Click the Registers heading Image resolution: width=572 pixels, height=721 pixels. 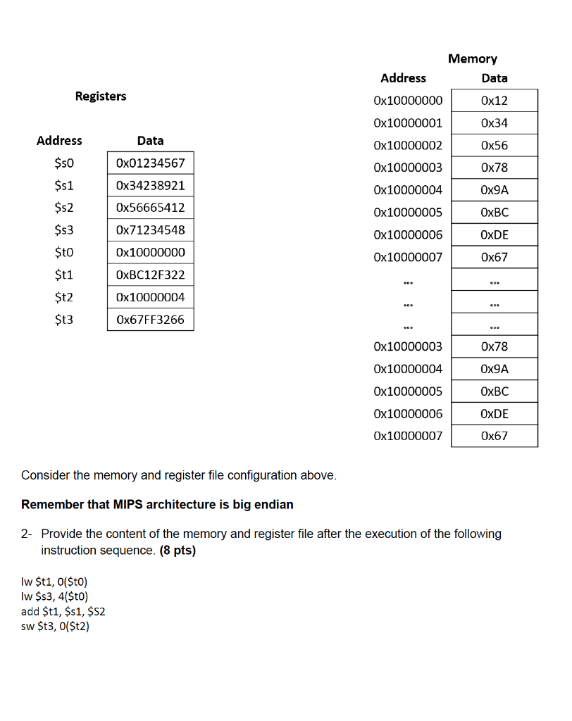[101, 96]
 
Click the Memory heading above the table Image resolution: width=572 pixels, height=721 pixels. [472, 58]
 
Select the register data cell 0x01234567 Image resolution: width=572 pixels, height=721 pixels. [150, 163]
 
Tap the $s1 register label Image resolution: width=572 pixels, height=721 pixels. [63, 185]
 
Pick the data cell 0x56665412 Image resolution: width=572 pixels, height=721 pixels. [150, 208]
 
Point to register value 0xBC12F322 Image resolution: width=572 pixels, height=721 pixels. [150, 275]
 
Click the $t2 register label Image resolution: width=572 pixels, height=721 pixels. [63, 297]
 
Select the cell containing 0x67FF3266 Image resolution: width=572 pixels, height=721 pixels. [150, 320]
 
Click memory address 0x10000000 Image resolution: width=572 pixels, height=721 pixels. [408, 101]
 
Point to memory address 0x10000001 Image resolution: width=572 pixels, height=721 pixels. [408, 123]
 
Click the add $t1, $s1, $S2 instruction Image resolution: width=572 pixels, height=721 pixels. [63, 611]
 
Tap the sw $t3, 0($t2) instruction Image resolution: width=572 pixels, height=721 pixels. [56, 626]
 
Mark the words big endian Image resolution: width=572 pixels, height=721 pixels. [263, 504]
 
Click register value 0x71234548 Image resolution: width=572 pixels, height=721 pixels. [150, 230]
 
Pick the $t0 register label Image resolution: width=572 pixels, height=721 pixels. [63, 252]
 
